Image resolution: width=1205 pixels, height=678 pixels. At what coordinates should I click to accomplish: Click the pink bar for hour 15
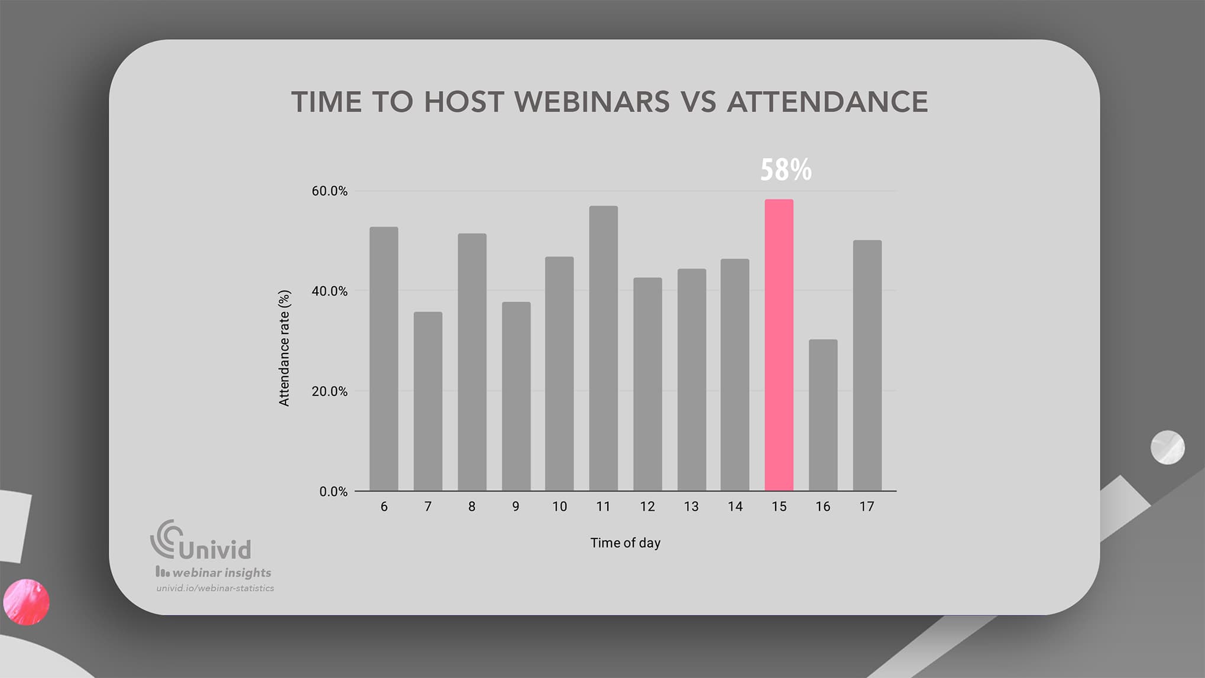click(779, 345)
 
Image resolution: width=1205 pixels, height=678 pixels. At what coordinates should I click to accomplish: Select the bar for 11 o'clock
click(603, 348)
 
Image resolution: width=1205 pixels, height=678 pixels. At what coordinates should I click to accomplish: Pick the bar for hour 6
click(384, 359)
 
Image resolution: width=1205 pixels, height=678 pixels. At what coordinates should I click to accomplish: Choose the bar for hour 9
click(516, 396)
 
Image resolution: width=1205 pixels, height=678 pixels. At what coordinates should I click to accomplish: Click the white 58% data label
click(785, 170)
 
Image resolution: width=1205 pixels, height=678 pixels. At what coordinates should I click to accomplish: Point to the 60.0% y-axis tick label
click(329, 191)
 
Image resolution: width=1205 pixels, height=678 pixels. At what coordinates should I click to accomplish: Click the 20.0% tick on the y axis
click(329, 391)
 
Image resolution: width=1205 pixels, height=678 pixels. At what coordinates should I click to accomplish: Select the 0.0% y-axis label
click(333, 492)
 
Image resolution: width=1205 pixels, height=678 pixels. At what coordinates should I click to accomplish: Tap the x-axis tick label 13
click(691, 507)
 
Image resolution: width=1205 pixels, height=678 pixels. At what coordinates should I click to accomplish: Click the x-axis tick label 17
click(866, 507)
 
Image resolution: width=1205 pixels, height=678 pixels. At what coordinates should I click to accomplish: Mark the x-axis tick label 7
click(427, 507)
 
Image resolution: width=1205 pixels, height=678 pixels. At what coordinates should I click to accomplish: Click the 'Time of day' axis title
click(625, 543)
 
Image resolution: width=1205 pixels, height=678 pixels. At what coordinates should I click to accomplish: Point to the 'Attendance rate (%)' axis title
click(284, 348)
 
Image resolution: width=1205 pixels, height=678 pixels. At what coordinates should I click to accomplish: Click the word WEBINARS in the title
click(592, 102)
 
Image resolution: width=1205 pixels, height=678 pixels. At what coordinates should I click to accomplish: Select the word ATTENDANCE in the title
click(827, 102)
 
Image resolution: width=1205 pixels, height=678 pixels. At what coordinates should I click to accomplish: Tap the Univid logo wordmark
click(201, 541)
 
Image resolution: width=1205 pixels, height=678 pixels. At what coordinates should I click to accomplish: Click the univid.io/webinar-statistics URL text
click(215, 588)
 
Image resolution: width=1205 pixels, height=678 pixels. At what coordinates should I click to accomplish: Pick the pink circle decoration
click(26, 602)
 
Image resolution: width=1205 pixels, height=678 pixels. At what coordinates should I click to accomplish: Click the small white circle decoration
click(1167, 447)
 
